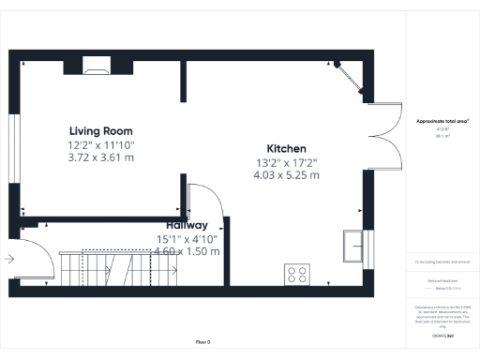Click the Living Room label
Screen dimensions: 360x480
click(100, 130)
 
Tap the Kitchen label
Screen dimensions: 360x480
click(286, 149)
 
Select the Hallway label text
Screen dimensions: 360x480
click(187, 226)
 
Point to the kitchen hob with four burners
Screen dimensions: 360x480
click(298, 275)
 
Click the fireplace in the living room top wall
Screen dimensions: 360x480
click(95, 65)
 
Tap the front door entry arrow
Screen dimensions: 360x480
click(8, 258)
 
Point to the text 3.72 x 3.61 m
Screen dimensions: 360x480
click(100, 158)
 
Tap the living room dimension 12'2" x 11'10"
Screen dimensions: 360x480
click(100, 145)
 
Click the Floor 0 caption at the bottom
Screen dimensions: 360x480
click(203, 340)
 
